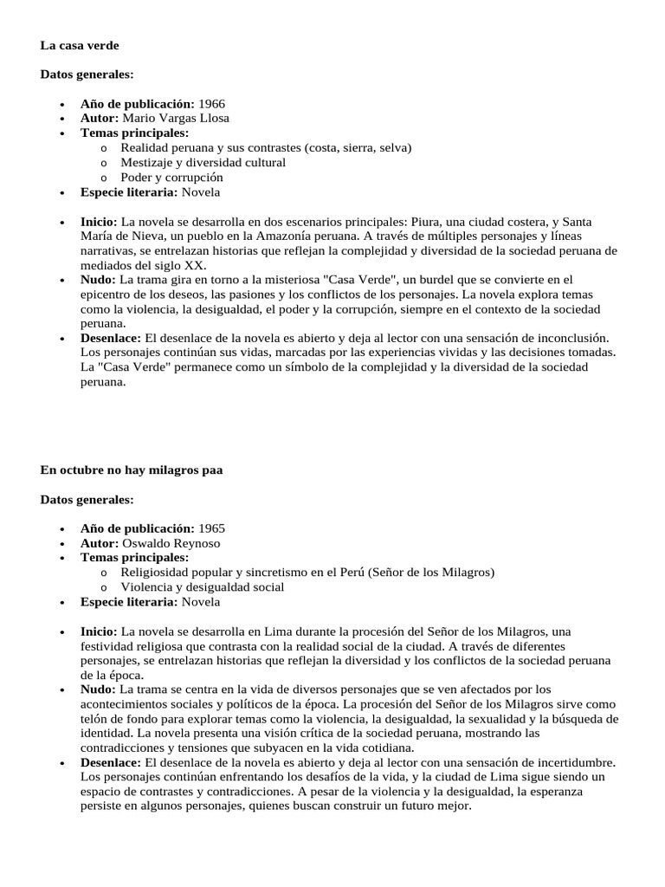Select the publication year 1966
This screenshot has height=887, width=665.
(211, 104)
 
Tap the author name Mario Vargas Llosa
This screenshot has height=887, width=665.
(176, 118)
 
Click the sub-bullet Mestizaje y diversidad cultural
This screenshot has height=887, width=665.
(203, 162)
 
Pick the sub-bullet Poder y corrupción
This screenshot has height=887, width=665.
(171, 177)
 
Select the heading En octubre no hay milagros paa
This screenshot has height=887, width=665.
(132, 470)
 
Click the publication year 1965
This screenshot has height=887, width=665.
(211, 528)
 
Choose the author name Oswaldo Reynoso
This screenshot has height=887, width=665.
(171, 543)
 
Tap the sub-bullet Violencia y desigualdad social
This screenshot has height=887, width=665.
(202, 587)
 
